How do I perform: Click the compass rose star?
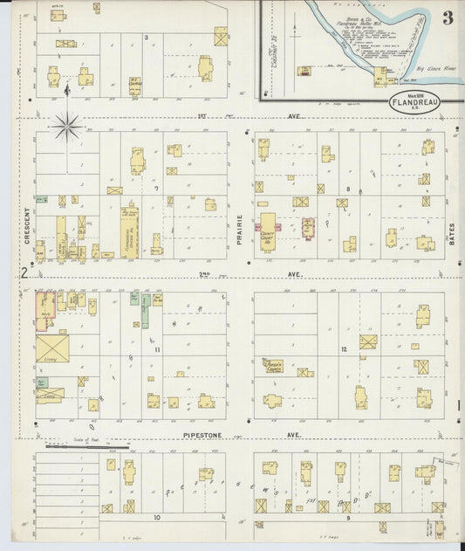pyautogui.click(x=68, y=127)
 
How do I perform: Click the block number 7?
pyautogui.click(x=155, y=189)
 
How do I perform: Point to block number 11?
pyautogui.click(x=157, y=349)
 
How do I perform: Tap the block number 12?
pyautogui.click(x=345, y=349)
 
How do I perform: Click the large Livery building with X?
pyautogui.click(x=52, y=348)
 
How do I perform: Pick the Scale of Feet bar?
pyautogui.click(x=86, y=447)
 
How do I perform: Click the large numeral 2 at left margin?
pyautogui.click(x=25, y=274)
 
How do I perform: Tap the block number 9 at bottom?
pyautogui.click(x=346, y=517)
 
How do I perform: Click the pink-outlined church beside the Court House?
pyautogui.click(x=308, y=227)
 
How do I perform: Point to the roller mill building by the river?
pyautogui.click(x=381, y=76)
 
